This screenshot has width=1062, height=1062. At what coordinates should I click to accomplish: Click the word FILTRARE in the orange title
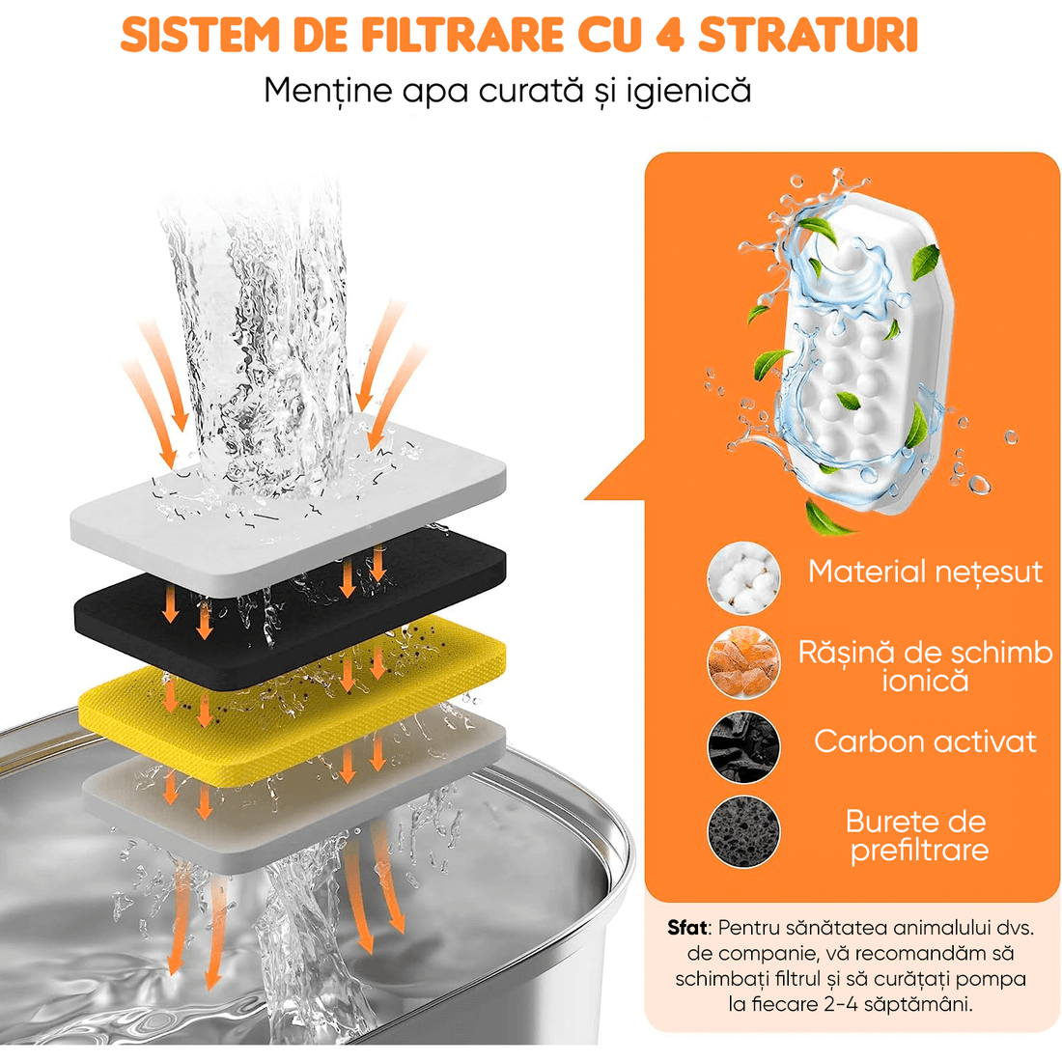(x=462, y=35)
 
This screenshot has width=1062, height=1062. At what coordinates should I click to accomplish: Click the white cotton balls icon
(x=742, y=577)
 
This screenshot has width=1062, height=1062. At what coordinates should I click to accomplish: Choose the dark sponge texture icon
(x=742, y=830)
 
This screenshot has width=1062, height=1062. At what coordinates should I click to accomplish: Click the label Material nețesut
(x=925, y=572)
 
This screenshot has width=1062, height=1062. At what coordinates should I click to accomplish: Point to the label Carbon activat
(x=925, y=741)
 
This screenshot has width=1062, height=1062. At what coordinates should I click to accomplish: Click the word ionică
(x=924, y=682)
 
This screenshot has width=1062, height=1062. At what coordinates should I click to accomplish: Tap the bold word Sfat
(x=687, y=928)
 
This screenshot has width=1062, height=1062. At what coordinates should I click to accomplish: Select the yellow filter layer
(x=290, y=687)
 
